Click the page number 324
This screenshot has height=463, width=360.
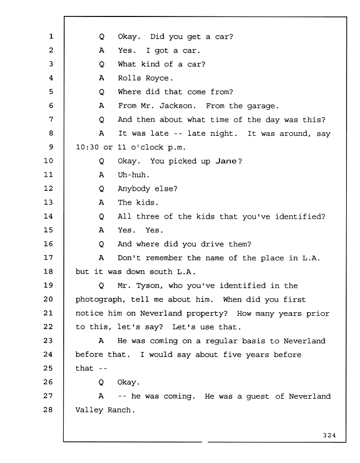329,435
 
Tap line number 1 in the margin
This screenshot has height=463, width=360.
51,37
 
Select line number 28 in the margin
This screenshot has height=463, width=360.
48,409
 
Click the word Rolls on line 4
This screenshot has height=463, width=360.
129,78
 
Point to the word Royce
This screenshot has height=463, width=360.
159,78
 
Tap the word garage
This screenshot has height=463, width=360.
263,106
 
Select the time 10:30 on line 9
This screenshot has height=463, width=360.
87,147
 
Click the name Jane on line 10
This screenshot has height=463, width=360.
226,161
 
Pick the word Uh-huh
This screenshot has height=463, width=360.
133,175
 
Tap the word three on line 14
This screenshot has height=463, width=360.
148,217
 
